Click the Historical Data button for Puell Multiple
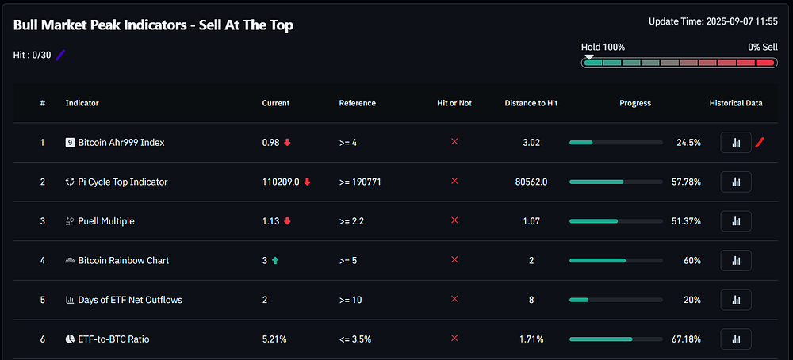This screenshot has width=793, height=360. click(736, 221)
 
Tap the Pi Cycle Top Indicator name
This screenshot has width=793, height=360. click(123, 182)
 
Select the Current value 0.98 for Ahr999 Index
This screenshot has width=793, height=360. click(270, 143)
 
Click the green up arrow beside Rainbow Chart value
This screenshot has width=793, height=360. click(275, 260)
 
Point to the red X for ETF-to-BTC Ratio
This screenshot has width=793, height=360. click(454, 339)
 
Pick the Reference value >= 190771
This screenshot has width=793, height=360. click(360, 182)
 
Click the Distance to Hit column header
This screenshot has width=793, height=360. click(531, 103)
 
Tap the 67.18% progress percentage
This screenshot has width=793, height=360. click(686, 339)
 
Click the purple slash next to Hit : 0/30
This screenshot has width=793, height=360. click(61, 56)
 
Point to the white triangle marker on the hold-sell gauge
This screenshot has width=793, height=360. click(589, 57)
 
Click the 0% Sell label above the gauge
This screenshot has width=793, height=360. click(763, 47)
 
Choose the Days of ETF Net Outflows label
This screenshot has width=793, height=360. click(130, 300)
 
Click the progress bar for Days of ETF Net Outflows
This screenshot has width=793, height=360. click(616, 300)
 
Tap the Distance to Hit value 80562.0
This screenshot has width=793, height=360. click(531, 182)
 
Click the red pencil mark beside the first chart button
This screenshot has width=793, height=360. click(759, 143)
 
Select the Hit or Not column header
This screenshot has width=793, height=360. click(454, 103)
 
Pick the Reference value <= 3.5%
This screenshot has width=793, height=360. click(355, 339)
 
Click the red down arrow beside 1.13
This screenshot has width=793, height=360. click(287, 221)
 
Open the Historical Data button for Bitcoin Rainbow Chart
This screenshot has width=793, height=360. click(736, 260)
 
